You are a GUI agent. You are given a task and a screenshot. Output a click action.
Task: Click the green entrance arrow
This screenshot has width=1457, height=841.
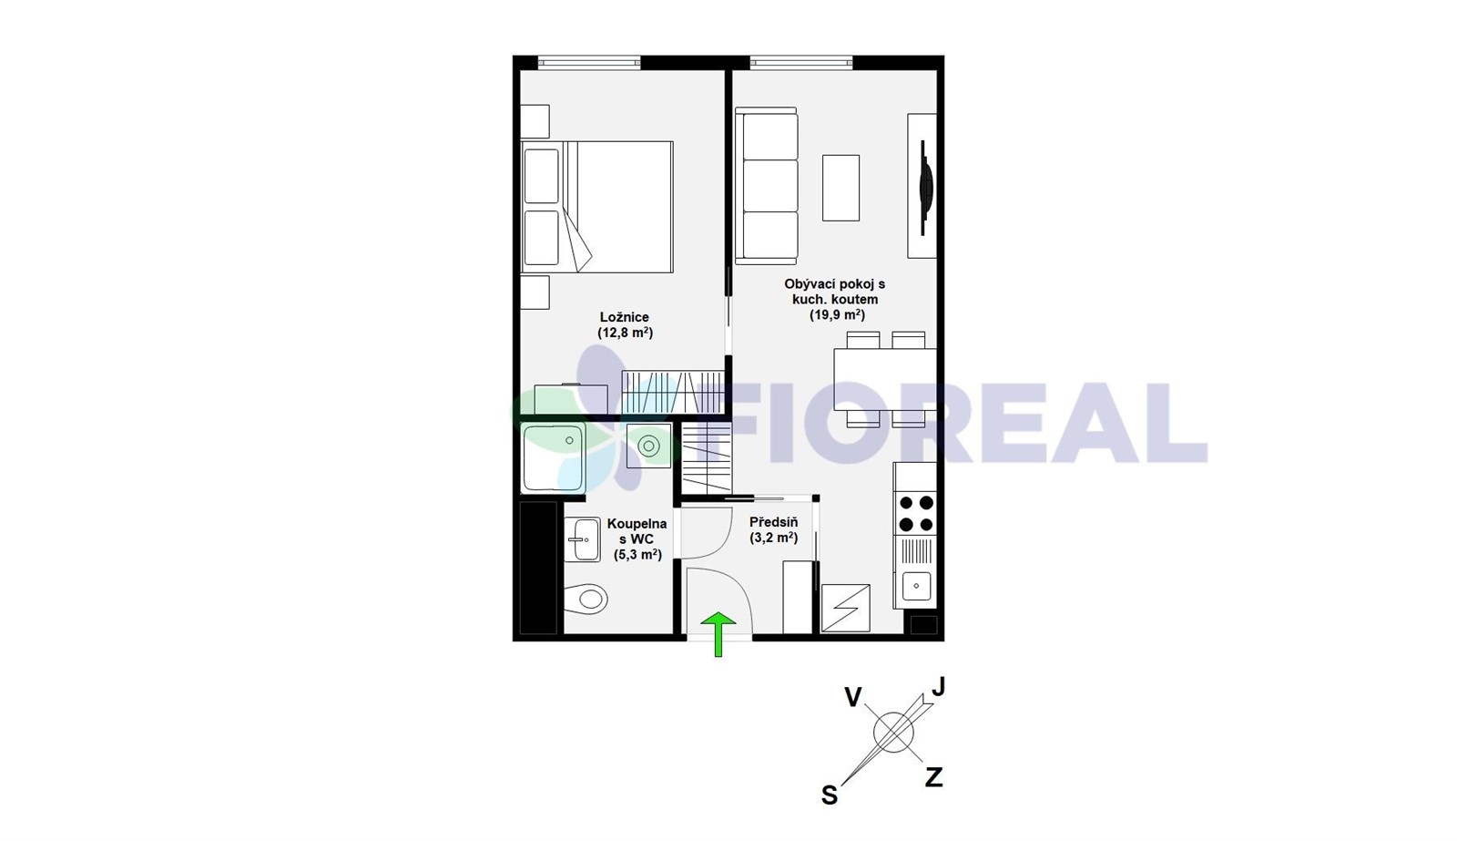click(x=718, y=633)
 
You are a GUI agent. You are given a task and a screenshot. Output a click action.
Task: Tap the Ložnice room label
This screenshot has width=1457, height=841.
click(x=625, y=317)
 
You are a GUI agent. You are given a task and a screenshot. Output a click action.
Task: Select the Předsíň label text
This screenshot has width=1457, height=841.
click(x=773, y=522)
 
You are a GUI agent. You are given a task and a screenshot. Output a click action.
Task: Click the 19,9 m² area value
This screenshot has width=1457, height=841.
click(x=837, y=315)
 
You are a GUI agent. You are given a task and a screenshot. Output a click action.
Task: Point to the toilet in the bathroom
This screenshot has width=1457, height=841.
click(x=586, y=599)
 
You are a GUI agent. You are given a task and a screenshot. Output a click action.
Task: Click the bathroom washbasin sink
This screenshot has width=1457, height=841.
click(x=582, y=539)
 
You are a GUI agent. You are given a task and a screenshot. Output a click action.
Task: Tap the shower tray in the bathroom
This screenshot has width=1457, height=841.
click(x=554, y=457)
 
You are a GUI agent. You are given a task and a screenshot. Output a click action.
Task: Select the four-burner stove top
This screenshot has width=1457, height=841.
click(x=916, y=513)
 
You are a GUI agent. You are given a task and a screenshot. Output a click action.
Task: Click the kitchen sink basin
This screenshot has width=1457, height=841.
click(x=916, y=586)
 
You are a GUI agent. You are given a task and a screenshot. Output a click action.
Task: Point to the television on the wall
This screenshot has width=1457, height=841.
click(x=925, y=188)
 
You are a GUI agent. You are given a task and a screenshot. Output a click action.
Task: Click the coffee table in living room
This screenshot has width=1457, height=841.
click(x=841, y=188)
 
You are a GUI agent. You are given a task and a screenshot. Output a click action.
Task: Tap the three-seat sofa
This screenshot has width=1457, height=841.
click(x=766, y=186)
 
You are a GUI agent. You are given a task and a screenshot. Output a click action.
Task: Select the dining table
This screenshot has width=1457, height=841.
click(x=885, y=379)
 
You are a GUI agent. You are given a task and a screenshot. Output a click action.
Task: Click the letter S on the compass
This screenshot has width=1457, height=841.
click(x=830, y=795)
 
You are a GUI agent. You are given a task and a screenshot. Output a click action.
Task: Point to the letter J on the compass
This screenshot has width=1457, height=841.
click(x=938, y=686)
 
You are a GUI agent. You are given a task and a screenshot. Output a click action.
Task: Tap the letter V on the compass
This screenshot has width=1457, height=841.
click(x=853, y=697)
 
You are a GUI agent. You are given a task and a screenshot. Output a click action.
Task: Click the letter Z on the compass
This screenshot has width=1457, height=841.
click(x=934, y=776)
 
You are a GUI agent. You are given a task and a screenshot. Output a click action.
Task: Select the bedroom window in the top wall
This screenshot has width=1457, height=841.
click(x=589, y=63)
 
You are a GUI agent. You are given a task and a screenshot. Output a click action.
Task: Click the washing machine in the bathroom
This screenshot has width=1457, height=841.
click(x=648, y=446)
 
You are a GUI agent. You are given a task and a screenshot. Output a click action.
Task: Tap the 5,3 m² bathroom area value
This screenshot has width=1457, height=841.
click(x=637, y=555)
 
